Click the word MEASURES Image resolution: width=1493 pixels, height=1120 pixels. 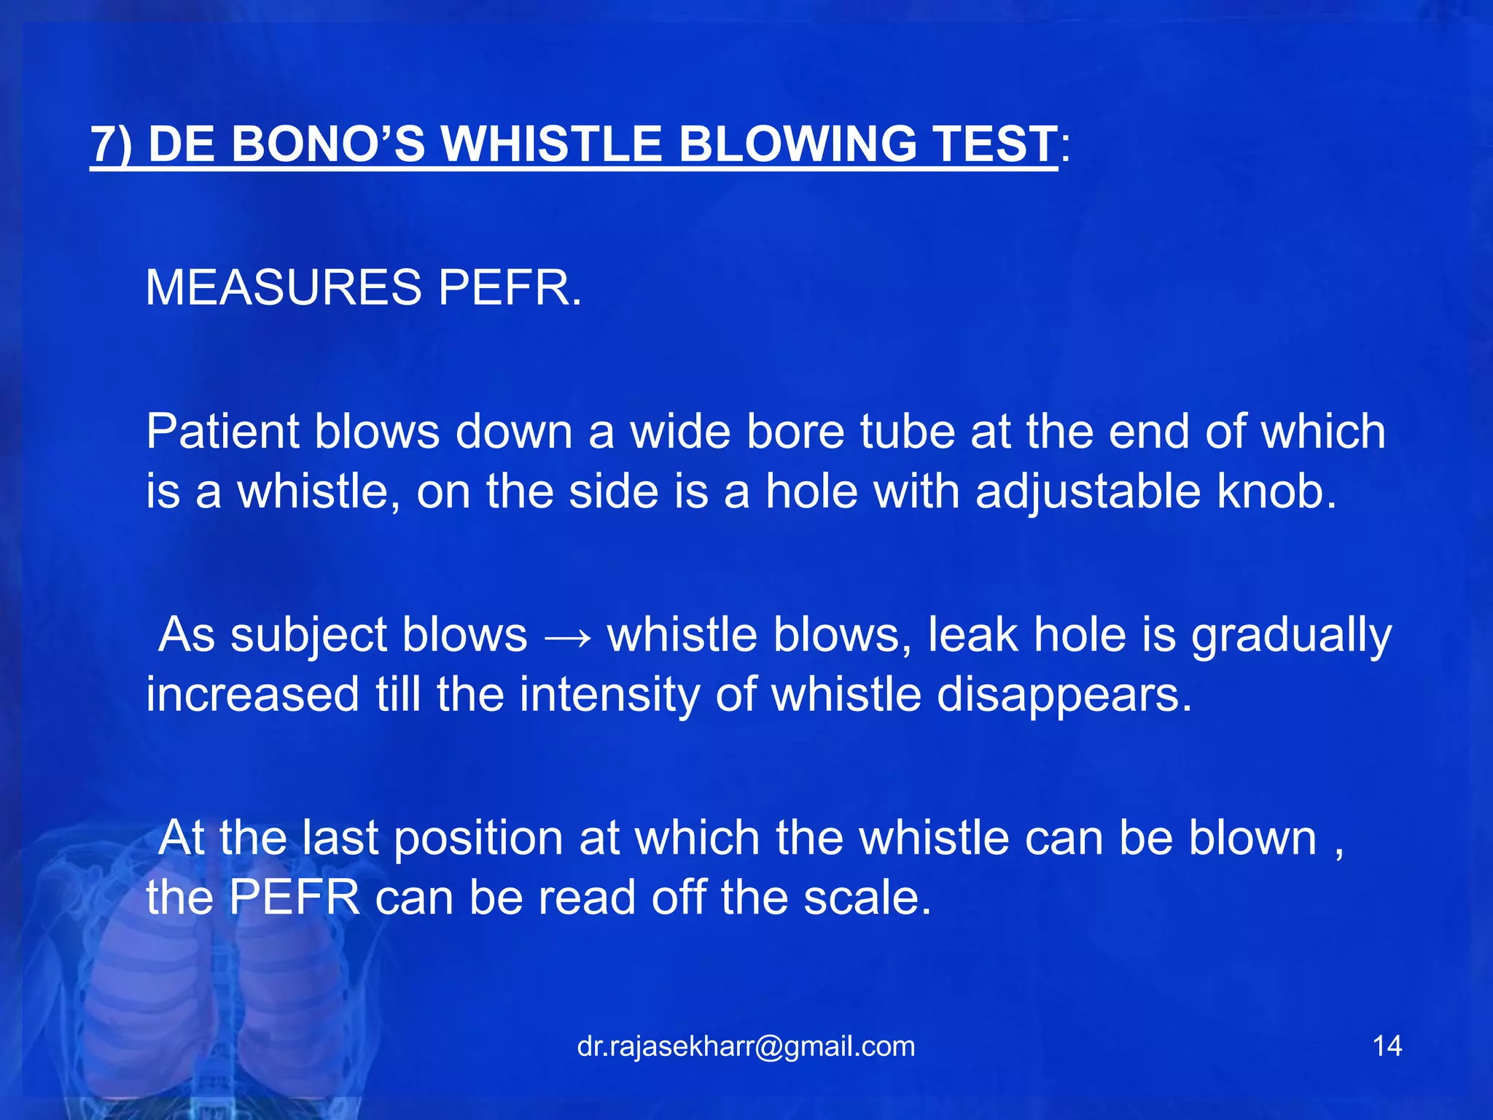283,287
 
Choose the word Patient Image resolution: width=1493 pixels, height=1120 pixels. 222,432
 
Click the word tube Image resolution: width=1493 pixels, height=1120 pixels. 907,432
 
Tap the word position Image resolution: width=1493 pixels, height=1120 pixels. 478,839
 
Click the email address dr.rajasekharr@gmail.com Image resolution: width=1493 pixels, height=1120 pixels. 746,1046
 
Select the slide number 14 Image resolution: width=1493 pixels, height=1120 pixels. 1387,1046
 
